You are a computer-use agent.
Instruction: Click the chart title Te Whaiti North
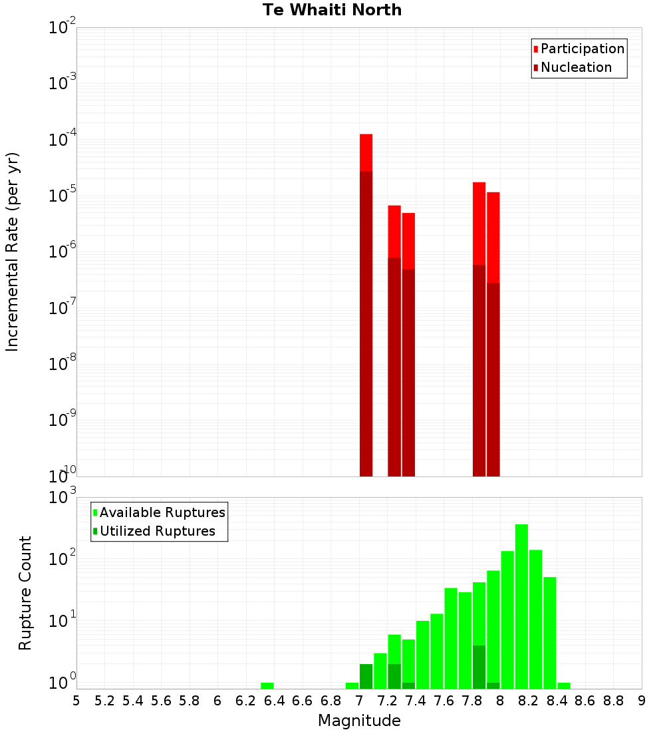click(x=332, y=10)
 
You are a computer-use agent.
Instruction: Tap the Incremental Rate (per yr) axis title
click(x=12, y=252)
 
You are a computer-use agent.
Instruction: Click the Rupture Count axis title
click(x=25, y=593)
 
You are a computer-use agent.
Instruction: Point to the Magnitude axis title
click(x=359, y=721)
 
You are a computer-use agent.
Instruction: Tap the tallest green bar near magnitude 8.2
click(x=521, y=599)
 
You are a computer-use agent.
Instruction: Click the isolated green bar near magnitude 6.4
click(x=267, y=685)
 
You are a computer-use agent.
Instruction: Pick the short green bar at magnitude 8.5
click(x=564, y=685)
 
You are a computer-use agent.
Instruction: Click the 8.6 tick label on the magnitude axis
click(x=585, y=701)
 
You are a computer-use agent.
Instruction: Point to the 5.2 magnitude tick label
click(x=104, y=701)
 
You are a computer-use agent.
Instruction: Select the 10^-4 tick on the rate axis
click(x=63, y=140)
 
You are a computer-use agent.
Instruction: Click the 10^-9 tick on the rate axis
click(x=63, y=421)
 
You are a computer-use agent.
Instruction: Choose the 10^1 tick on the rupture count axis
click(x=63, y=622)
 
